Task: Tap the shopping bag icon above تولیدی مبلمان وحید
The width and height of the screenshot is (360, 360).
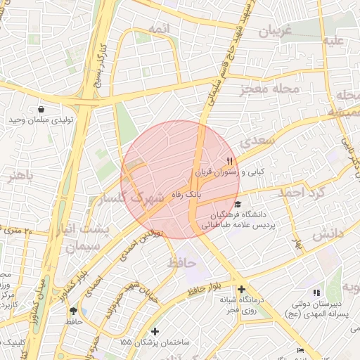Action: pos(41,109)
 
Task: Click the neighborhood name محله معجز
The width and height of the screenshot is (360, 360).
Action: pos(270,89)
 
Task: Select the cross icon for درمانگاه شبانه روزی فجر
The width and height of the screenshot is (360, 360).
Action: pos(241,289)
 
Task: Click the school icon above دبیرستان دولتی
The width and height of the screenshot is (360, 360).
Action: pos(316,292)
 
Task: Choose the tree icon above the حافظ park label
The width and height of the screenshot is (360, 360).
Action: pos(74,310)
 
